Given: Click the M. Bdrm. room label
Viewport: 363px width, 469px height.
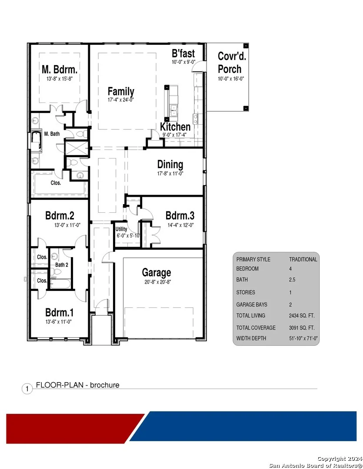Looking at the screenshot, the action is [x=60, y=69].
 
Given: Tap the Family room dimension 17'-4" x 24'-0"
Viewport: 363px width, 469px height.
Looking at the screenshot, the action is [x=121, y=99].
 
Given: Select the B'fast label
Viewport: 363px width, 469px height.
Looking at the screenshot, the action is [x=183, y=53].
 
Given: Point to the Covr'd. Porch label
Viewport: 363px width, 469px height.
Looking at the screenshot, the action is [x=232, y=63].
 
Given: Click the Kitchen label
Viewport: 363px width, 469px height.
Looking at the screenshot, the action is [x=175, y=126].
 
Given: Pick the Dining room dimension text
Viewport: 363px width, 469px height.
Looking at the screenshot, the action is [x=170, y=173].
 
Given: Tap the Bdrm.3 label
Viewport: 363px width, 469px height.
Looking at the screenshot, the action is [x=180, y=215].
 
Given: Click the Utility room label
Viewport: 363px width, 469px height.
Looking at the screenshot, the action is [x=121, y=229].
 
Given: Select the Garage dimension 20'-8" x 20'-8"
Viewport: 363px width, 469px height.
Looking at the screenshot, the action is [x=157, y=282].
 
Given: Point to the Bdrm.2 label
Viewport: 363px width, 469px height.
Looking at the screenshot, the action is [x=60, y=215].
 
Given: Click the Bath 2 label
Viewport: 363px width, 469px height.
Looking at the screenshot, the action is [x=62, y=265].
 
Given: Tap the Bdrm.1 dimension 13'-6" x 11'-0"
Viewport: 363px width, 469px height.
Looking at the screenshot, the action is [x=58, y=322].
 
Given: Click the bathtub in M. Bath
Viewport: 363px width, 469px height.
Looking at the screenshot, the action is [x=36, y=140].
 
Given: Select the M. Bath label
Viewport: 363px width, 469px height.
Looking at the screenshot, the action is [x=52, y=134].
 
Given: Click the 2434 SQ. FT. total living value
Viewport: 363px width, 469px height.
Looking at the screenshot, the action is [x=302, y=316].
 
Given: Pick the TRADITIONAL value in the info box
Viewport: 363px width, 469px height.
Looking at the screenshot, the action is [x=303, y=259].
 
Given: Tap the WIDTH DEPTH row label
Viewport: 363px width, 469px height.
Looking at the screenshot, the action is [x=251, y=338].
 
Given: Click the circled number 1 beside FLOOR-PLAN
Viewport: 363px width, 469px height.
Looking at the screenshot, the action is [x=27, y=389].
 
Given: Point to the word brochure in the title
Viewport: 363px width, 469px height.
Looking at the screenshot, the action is [x=104, y=385].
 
